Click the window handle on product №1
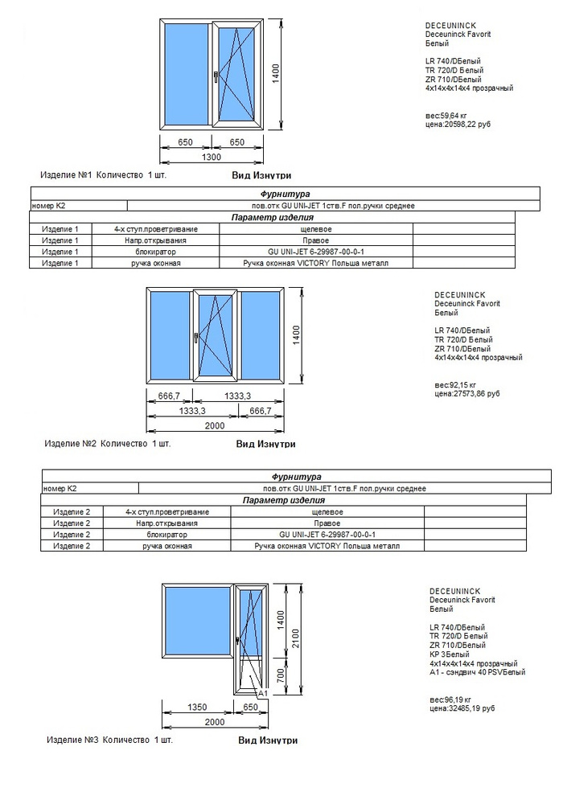point(216,77)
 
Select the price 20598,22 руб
point(458,125)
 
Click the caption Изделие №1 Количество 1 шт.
point(104,174)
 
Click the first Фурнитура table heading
point(285,195)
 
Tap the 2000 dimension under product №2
point(215,425)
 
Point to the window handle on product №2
point(195,339)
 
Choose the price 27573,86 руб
point(466,395)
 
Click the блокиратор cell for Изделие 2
point(167,535)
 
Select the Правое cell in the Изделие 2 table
point(327,523)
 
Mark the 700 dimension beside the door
point(280,676)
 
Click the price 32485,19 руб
point(462,708)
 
